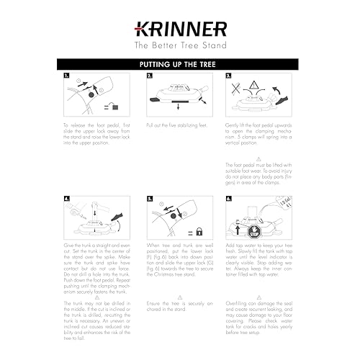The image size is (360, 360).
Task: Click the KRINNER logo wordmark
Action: coord(180,29)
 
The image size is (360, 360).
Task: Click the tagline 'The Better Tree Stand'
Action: coord(180,45)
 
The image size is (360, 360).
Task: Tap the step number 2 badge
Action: coord(149,76)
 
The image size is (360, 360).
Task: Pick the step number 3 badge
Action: coord(228,76)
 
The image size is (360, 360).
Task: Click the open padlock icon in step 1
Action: coord(112,107)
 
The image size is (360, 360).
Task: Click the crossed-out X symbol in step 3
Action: coord(238,89)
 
